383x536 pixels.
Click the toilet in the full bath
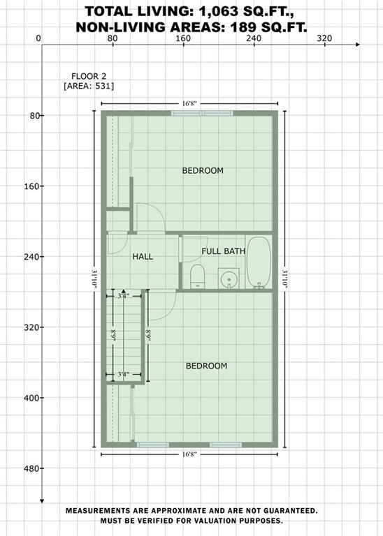tap(197, 275)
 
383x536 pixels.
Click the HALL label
tap(143, 256)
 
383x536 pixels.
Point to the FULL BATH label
tap(223, 251)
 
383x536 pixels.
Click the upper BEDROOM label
tap(203, 170)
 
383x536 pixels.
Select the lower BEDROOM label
tap(206, 366)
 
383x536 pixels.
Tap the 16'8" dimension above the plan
tap(189, 103)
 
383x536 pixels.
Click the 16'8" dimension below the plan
tap(189, 454)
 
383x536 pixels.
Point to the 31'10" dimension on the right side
tap(285, 278)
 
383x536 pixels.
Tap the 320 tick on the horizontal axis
tap(324, 38)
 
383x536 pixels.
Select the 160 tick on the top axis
tap(183, 38)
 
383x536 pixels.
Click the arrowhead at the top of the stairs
tap(123, 292)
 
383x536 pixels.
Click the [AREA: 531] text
tap(89, 86)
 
